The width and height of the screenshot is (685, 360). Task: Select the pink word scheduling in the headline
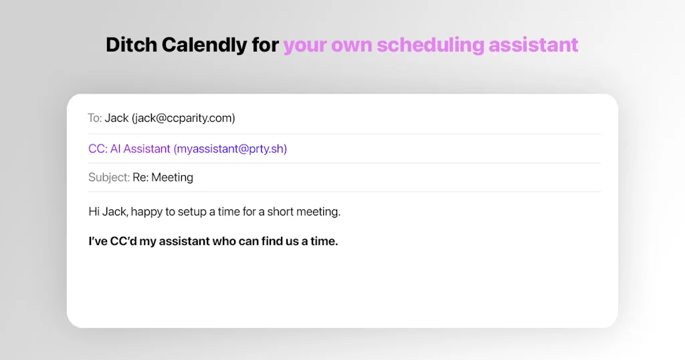[x=429, y=45]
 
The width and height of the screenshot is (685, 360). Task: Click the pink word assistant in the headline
[x=533, y=45]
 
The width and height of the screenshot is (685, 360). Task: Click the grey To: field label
[x=95, y=118]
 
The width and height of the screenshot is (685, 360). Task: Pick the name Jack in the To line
[x=116, y=118]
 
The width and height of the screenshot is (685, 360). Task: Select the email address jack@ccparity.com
[x=183, y=118]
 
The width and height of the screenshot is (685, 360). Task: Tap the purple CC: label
[x=98, y=149]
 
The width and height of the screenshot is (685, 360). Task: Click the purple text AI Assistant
[x=140, y=149]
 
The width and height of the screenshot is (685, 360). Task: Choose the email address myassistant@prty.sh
[x=230, y=149]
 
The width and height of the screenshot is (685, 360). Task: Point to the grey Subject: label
[x=109, y=177]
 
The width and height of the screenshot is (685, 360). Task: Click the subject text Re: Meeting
[x=163, y=177]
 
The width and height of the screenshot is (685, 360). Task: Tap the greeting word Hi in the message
[x=94, y=211]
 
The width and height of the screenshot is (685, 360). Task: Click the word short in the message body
[x=281, y=211]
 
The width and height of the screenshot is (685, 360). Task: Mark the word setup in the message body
[x=192, y=211]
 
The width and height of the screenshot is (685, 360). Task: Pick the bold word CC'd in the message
[x=122, y=241]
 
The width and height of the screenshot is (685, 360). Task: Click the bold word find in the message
[x=275, y=241]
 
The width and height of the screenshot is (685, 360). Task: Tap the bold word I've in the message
[x=98, y=241]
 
